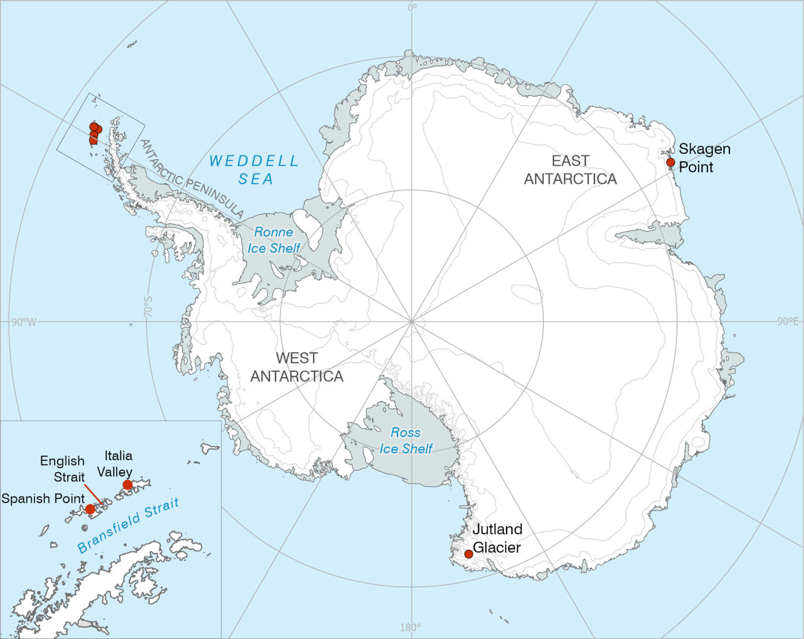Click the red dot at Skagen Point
[x=671, y=162]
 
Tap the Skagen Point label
[x=704, y=158]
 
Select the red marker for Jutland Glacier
[x=468, y=554]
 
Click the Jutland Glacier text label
[x=497, y=538]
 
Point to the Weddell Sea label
[x=254, y=170]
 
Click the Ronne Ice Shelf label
[x=274, y=240]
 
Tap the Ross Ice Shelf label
[x=406, y=440]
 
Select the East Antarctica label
[x=570, y=170]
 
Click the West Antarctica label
[x=297, y=367]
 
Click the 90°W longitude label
[x=24, y=322]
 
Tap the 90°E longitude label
[x=788, y=321]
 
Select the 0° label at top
[x=412, y=7]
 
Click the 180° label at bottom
[x=410, y=627]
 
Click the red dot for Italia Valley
[x=127, y=485]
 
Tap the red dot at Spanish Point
[x=90, y=509]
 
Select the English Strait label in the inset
[x=62, y=469]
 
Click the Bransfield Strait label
[x=129, y=525]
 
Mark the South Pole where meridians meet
[x=412, y=321]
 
